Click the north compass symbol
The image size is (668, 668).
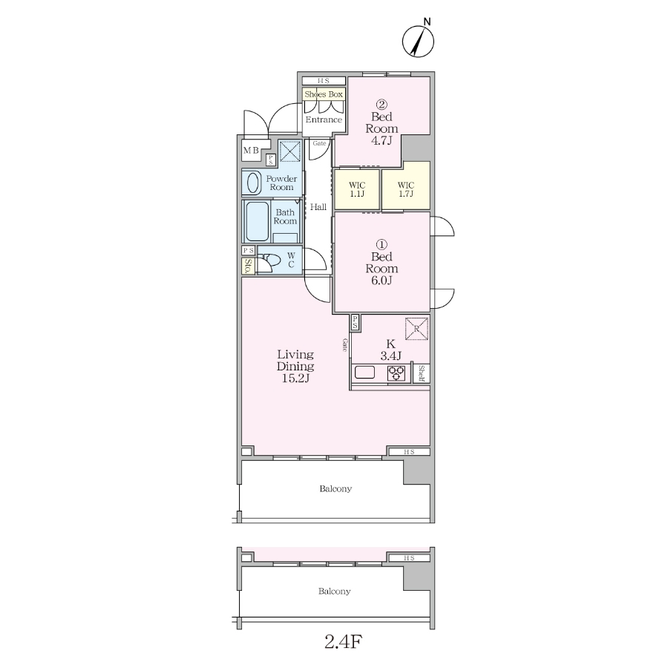coord(418,42)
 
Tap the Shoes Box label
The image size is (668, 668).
coord(324,94)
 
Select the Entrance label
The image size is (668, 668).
coord(324,119)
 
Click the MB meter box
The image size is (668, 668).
coord(252,151)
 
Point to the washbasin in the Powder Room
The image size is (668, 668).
coord(252,183)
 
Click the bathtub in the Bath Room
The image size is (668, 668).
coord(257,221)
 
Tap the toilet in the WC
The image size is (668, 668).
coord(269,259)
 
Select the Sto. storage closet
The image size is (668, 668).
coord(248,266)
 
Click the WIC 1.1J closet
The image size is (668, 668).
coord(357,189)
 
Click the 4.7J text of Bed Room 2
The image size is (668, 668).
coord(382,140)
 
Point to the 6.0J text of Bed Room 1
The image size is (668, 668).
coord(382,281)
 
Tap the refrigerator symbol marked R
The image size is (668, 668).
coord(416,329)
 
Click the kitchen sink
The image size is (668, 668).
coord(364,373)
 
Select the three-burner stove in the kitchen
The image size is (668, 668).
coord(396,373)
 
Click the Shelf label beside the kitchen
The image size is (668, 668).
coord(422,373)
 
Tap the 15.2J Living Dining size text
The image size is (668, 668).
coord(295,378)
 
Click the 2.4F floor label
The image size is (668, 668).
coord(343,641)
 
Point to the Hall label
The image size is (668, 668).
coord(318,207)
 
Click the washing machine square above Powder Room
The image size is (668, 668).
coord(290,151)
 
